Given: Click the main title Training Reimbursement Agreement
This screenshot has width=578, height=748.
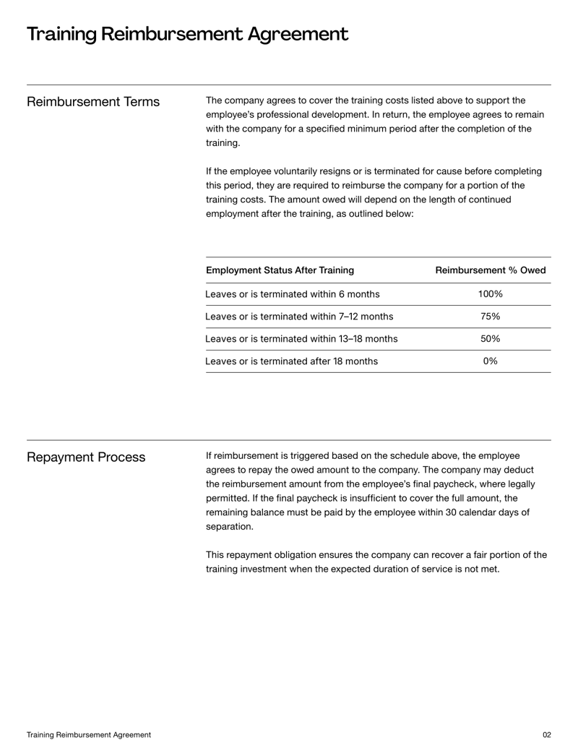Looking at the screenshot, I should (187, 34).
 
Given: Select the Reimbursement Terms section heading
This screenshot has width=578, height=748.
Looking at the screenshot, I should (93, 102).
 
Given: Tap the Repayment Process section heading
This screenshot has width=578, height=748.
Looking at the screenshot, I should (86, 457).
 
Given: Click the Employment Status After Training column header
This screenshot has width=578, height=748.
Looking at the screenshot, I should (280, 270).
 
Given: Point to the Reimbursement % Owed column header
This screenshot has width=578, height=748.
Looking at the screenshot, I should (491, 270).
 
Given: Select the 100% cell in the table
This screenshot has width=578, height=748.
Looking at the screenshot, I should (491, 294).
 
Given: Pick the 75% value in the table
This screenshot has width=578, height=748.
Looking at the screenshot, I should (491, 317).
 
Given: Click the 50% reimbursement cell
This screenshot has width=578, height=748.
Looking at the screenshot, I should (491, 339).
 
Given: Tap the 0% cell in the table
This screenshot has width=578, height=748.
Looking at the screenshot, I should (491, 361).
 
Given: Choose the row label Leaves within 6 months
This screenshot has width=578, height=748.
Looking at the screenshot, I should (292, 294).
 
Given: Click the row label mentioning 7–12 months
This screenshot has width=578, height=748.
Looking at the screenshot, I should (299, 317).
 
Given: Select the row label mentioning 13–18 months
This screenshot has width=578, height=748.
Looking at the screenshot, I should (301, 339).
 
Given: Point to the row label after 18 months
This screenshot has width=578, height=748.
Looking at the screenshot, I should (291, 361).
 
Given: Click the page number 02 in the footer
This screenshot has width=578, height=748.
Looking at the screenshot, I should (546, 734).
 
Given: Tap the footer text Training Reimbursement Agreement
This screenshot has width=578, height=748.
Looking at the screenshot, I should (89, 734).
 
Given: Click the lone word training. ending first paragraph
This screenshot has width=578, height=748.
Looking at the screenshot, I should (224, 143).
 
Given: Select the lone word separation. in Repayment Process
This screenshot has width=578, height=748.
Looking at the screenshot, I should (230, 526).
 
